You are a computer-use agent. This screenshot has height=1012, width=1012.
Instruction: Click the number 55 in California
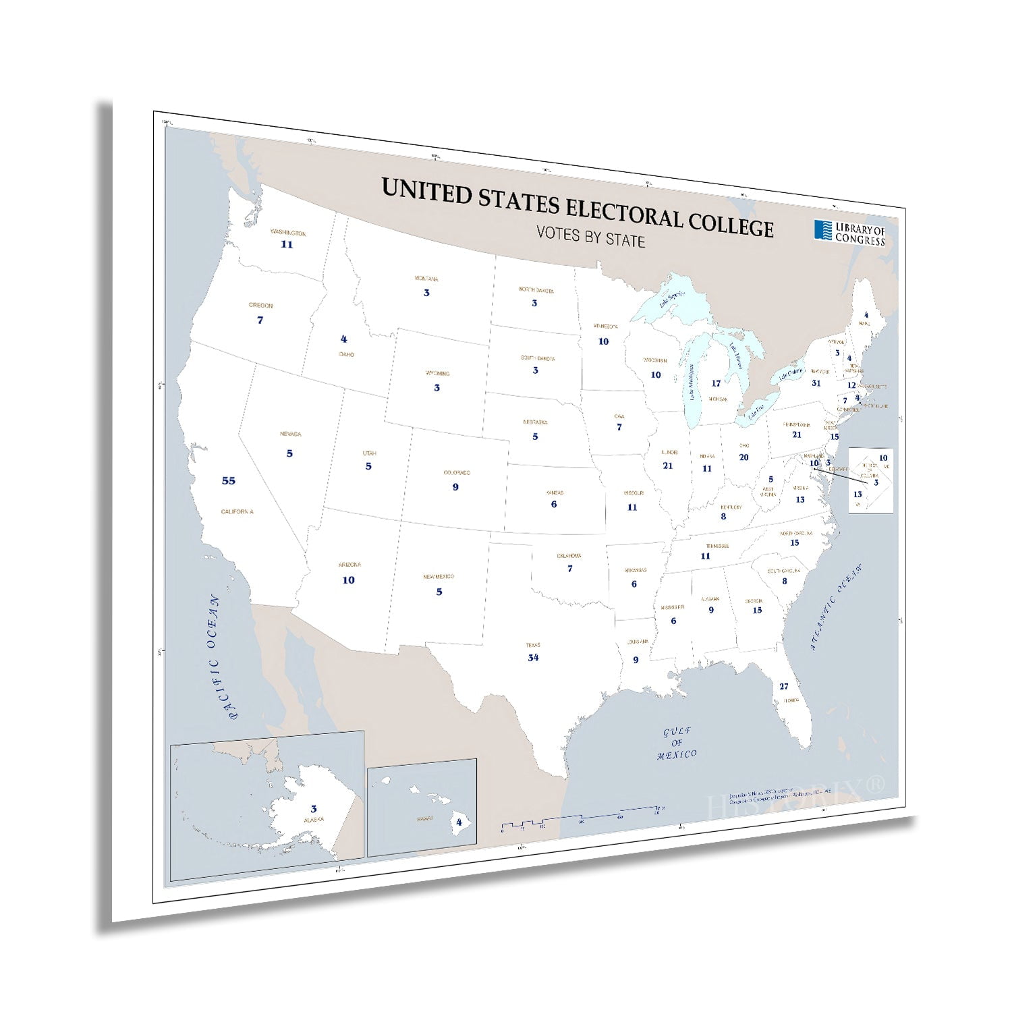tap(229, 481)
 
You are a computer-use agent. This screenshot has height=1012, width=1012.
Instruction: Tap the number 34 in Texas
tap(533, 658)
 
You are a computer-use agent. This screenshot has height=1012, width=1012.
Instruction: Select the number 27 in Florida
tap(783, 687)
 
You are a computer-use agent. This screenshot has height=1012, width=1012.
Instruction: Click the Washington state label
tap(288, 233)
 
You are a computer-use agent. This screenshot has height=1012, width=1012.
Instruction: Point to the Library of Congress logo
tap(849, 233)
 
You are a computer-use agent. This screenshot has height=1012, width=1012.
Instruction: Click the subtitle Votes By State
tap(590, 237)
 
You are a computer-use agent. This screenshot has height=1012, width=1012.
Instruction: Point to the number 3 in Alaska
tap(314, 809)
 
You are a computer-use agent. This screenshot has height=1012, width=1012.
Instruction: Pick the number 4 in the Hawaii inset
tap(459, 822)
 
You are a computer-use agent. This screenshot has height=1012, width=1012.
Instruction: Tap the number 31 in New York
tap(816, 383)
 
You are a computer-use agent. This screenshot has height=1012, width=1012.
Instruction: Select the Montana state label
tap(426, 279)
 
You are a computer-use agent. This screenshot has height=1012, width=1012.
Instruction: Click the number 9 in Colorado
tap(455, 487)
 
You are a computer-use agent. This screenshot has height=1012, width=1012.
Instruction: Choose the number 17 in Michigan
tap(716, 384)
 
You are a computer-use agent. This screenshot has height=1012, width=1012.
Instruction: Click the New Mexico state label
tap(439, 577)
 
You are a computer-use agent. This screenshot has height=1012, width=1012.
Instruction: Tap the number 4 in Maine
tap(866, 315)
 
